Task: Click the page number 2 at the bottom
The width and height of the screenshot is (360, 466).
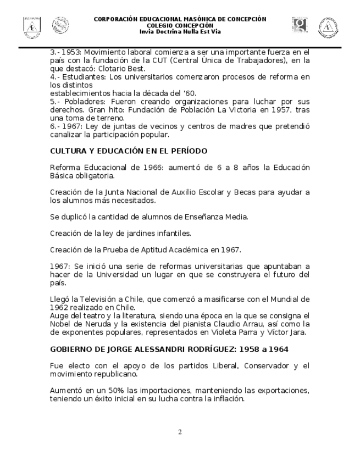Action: pyautogui.click(x=180, y=432)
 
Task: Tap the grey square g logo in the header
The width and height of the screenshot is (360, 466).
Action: pyautogui.click(x=300, y=25)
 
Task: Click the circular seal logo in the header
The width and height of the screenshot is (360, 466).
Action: pyautogui.click(x=60, y=25)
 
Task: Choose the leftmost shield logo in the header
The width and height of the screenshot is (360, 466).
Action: pyautogui.click(x=32, y=26)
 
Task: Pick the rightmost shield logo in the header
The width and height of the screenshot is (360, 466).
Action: pyautogui.click(x=328, y=26)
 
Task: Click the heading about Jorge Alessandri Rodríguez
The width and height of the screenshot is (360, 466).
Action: pyautogui.click(x=169, y=349)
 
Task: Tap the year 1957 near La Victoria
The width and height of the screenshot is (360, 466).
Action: pyautogui.click(x=249, y=109)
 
